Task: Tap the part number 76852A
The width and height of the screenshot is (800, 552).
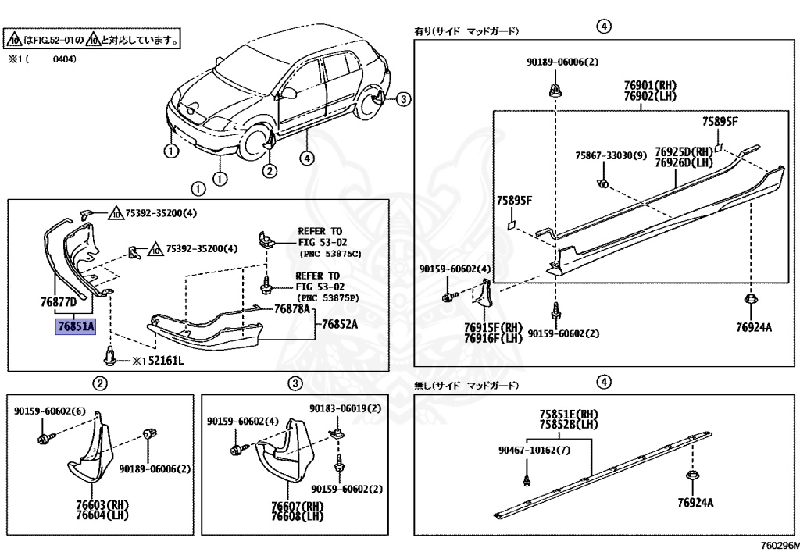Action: [342, 324]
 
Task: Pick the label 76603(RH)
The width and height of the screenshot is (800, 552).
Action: [102, 504]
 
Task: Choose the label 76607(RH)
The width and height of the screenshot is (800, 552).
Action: [298, 506]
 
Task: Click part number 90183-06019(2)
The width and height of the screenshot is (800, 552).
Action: [345, 408]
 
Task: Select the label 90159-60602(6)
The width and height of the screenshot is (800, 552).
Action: [50, 411]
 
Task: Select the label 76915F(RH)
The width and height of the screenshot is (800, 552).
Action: [492, 327]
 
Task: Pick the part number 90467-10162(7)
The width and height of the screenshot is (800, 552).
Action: [535, 450]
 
